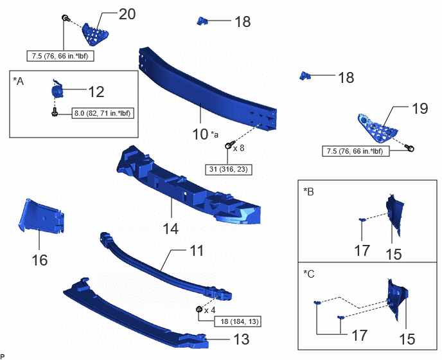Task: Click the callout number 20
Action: point(127,14)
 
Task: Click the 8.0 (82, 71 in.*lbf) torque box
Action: point(103,113)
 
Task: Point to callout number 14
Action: point(171,228)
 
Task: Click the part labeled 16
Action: point(42,215)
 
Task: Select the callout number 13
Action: point(242,339)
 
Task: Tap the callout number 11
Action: point(197,251)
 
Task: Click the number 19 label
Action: point(420,109)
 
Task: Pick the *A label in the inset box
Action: point(19,81)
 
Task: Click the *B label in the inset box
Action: point(308,192)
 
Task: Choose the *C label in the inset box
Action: point(309,274)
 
